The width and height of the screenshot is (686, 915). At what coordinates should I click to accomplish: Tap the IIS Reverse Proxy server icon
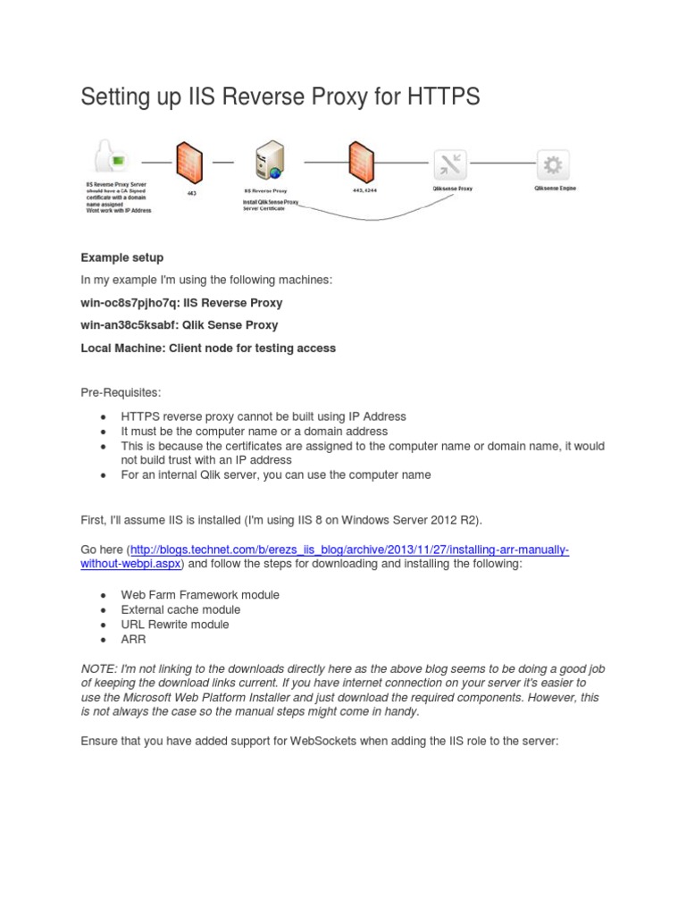(267, 162)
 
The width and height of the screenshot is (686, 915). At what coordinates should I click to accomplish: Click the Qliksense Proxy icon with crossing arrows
(450, 164)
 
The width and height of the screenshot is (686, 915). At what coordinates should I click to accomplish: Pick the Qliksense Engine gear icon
(553, 164)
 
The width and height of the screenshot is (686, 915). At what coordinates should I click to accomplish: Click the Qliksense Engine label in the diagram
(555, 189)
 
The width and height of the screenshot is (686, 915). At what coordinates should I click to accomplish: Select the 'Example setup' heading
(122, 257)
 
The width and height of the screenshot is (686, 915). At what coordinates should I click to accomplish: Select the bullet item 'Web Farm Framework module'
(200, 594)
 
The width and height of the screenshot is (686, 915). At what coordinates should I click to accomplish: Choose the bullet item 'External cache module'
(180, 609)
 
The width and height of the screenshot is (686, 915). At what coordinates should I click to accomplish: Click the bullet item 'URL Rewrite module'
(174, 625)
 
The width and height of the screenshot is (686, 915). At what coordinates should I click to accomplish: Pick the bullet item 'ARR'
(133, 640)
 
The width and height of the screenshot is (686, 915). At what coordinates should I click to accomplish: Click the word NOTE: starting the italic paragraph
(98, 669)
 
